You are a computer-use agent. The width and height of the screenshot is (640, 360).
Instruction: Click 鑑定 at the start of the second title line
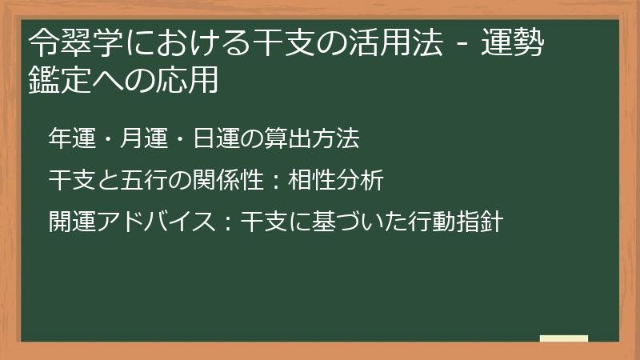[53, 81]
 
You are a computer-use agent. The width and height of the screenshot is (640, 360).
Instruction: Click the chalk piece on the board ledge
[564, 338]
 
